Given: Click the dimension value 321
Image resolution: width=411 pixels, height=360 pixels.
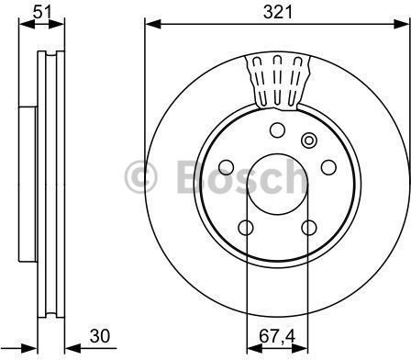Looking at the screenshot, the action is tap(278, 13).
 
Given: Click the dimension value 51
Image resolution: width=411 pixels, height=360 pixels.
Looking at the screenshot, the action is tap(42, 13).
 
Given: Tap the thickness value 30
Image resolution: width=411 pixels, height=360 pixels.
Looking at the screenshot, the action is tap(100, 336).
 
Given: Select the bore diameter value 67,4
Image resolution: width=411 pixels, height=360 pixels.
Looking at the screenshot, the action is tap(277, 336).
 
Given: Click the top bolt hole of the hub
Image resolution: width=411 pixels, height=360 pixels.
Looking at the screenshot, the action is tap(278, 129).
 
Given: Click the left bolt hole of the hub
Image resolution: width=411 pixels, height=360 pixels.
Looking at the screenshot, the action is tap(227, 167).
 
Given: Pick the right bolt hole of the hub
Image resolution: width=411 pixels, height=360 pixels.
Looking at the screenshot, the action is tap(328, 167).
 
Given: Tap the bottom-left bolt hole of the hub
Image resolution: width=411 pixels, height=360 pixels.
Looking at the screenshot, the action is tap(246, 228).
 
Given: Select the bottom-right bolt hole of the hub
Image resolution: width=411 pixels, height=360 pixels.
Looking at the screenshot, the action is tap(309, 228).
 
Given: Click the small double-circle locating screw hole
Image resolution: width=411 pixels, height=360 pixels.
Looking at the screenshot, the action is tap(309, 141).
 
